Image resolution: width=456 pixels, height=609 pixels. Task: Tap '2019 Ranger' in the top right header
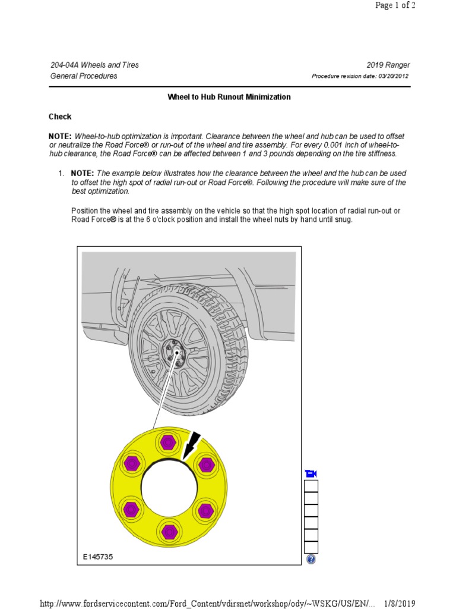point(388,65)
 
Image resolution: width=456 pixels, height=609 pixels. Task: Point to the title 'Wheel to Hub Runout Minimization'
point(229,97)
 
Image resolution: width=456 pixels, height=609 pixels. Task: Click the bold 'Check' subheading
point(60,117)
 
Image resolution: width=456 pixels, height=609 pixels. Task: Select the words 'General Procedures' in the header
point(84,76)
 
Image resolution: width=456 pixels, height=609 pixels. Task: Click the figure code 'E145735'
point(98,557)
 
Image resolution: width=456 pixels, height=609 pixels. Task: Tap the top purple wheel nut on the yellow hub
point(168,443)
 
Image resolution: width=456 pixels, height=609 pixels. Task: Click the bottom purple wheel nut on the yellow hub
point(168,530)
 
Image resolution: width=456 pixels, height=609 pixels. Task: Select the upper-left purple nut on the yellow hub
point(131,464)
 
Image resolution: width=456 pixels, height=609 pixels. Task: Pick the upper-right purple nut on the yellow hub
point(205,464)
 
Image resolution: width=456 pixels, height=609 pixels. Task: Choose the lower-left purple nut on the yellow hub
point(131,508)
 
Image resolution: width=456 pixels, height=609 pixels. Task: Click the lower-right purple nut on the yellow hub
point(205,508)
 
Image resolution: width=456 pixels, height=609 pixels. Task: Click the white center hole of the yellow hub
point(168,486)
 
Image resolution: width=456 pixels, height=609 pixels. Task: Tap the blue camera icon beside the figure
point(311,473)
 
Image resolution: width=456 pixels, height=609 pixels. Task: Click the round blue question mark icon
point(311,560)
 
